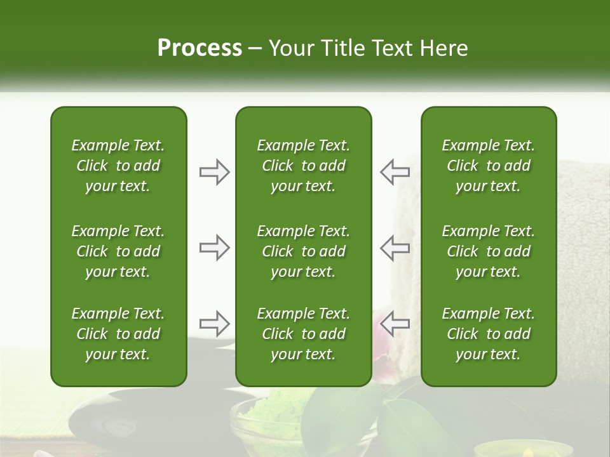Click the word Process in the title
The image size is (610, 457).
[x=200, y=48]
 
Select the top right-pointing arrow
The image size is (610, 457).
[x=214, y=172]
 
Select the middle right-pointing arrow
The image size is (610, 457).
[x=214, y=248]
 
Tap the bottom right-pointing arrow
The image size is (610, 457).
[x=214, y=324]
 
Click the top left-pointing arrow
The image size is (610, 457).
[x=395, y=172]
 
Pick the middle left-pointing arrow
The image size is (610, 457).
[x=395, y=248]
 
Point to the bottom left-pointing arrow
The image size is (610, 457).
[x=395, y=324]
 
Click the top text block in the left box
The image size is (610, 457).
[x=118, y=166]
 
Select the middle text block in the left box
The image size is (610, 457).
[x=118, y=251]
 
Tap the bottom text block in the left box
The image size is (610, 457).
[x=118, y=334]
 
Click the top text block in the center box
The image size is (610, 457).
[x=304, y=166]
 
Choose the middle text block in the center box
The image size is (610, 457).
[x=304, y=251]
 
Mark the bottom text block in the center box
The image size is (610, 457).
[x=304, y=334]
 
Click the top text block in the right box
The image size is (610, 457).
[x=489, y=166]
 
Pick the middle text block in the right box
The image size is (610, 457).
[x=489, y=251]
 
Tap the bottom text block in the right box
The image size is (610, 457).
[x=489, y=334]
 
